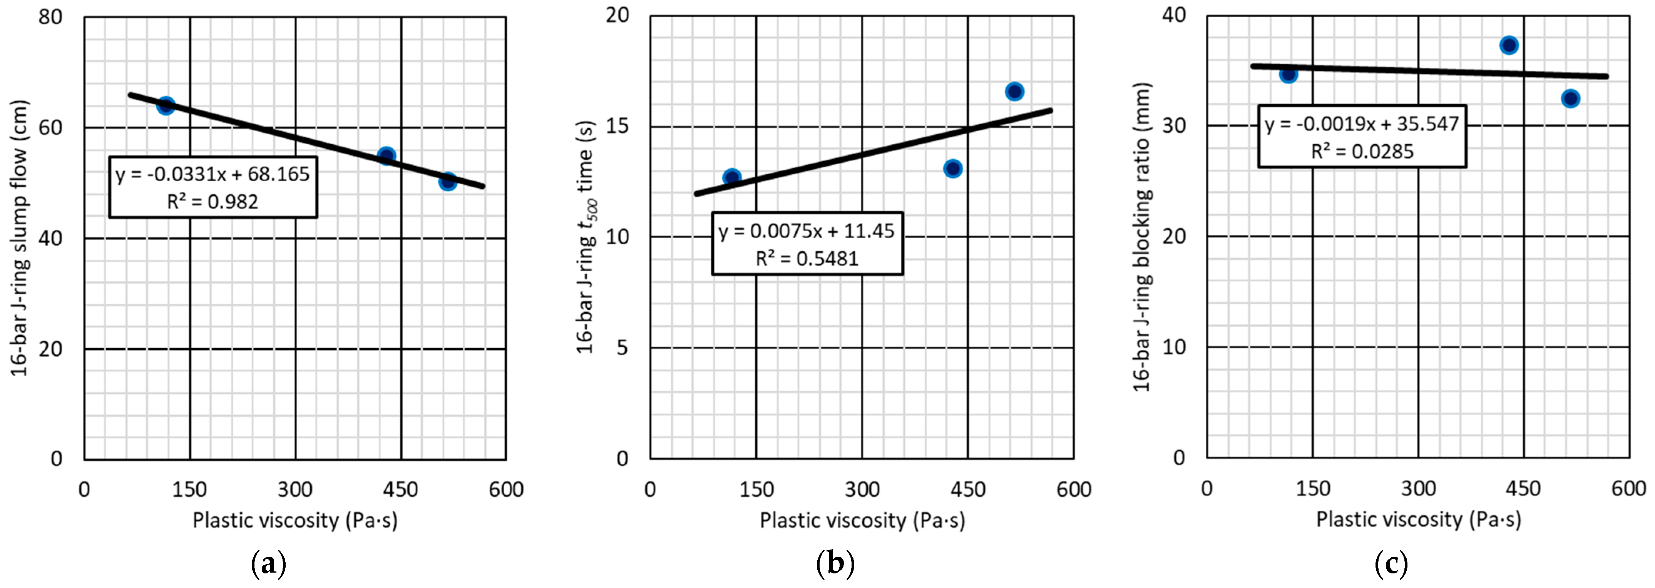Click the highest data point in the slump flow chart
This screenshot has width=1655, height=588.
pyautogui.click(x=166, y=105)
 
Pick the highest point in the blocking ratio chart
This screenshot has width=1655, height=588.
pyautogui.click(x=1509, y=45)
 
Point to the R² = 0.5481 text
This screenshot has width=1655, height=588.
pyautogui.click(x=807, y=258)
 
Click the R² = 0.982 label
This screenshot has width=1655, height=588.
pyautogui.click(x=213, y=202)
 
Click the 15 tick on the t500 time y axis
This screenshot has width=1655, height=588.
pyautogui.click(x=617, y=126)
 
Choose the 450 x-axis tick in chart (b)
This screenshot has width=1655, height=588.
pyautogui.click(x=967, y=490)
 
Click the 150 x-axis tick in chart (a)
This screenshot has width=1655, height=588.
pyautogui.click(x=189, y=490)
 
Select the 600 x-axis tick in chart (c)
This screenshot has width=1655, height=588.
pyautogui.click(x=1629, y=488)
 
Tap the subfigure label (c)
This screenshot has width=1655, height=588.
pyautogui.click(x=1391, y=564)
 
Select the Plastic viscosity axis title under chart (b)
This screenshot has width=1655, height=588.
pyautogui.click(x=862, y=520)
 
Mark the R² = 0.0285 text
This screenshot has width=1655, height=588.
pyautogui.click(x=1362, y=152)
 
